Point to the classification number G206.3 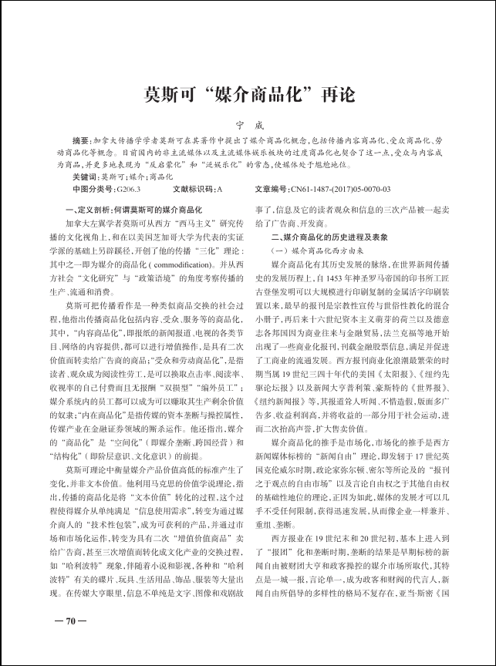click(130, 189)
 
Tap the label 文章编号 click(271, 189)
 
